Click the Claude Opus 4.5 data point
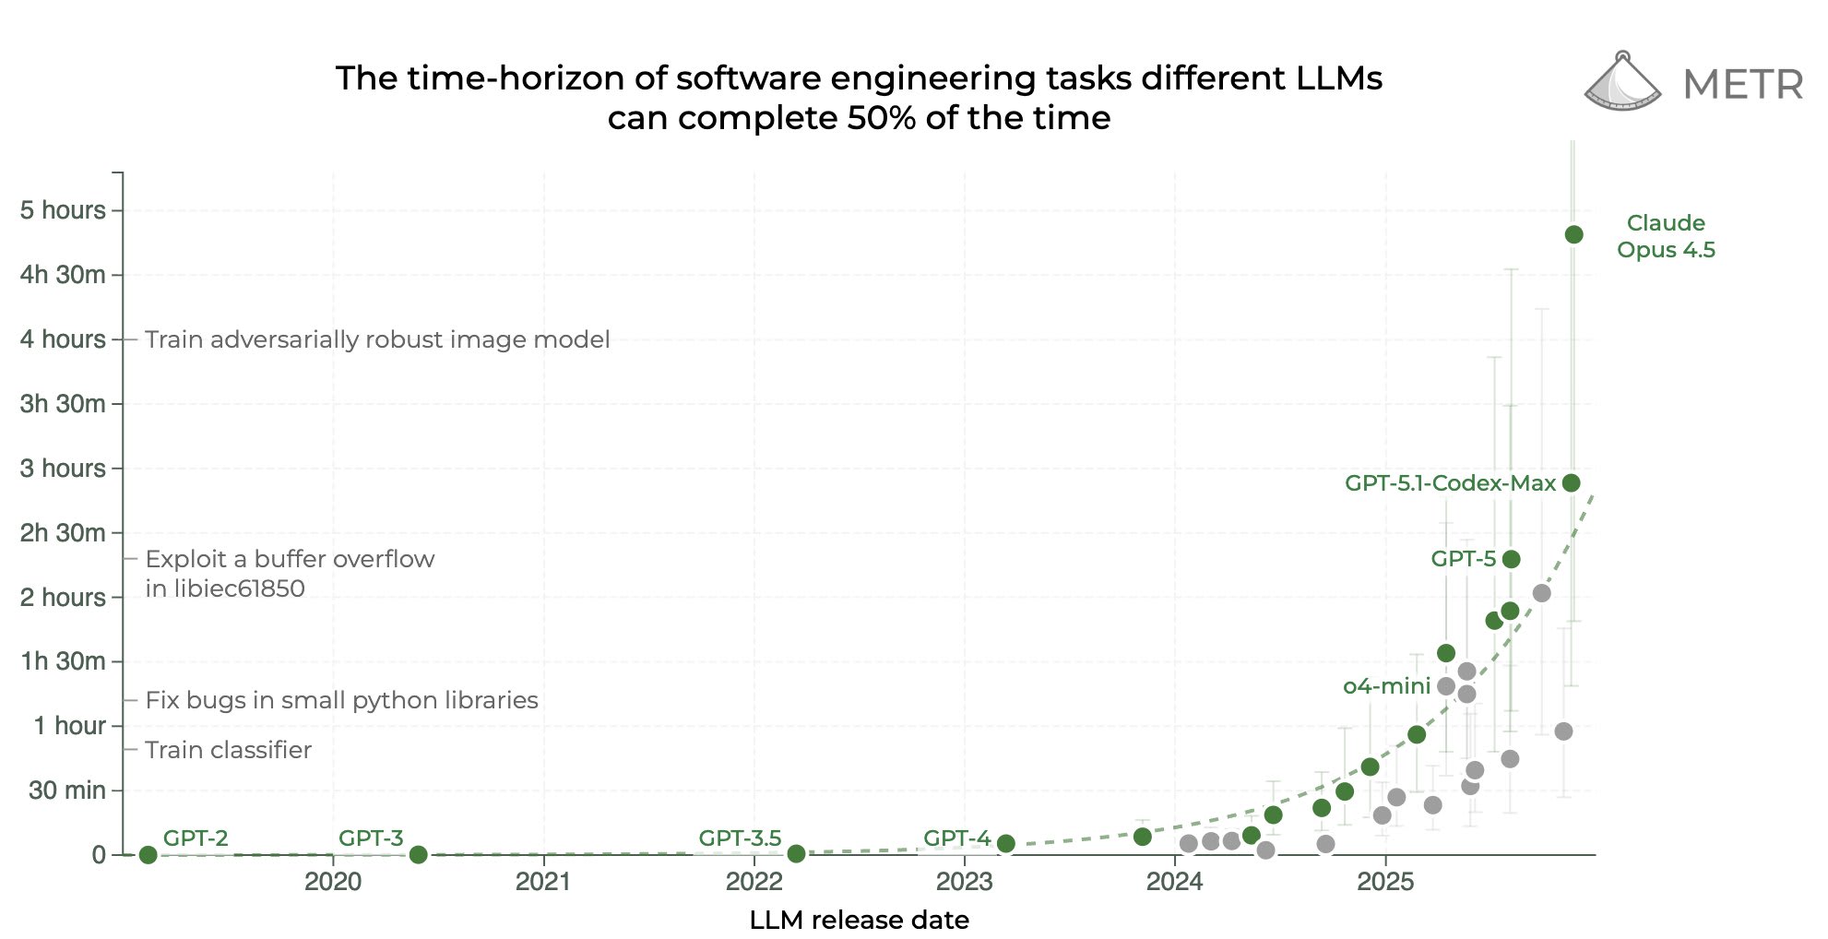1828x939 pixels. [1573, 234]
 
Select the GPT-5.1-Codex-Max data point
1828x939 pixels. [1572, 482]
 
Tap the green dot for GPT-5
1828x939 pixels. [1511, 559]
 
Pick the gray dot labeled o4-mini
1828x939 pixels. [1446, 686]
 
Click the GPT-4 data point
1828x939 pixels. [1006, 843]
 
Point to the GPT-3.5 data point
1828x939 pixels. [796, 854]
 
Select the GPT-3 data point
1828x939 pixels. [418, 854]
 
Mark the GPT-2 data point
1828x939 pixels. [148, 854]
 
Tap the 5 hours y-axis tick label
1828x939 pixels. [63, 210]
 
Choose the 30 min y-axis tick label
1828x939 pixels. [67, 790]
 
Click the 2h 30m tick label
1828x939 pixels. [63, 533]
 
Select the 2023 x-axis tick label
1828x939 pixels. [965, 882]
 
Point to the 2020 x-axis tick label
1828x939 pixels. [333, 882]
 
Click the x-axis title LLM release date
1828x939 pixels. [859, 920]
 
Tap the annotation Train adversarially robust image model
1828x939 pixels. [377, 339]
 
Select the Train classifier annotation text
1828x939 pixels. [228, 750]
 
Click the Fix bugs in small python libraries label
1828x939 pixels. [341, 700]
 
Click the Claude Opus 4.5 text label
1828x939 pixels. [1666, 236]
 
